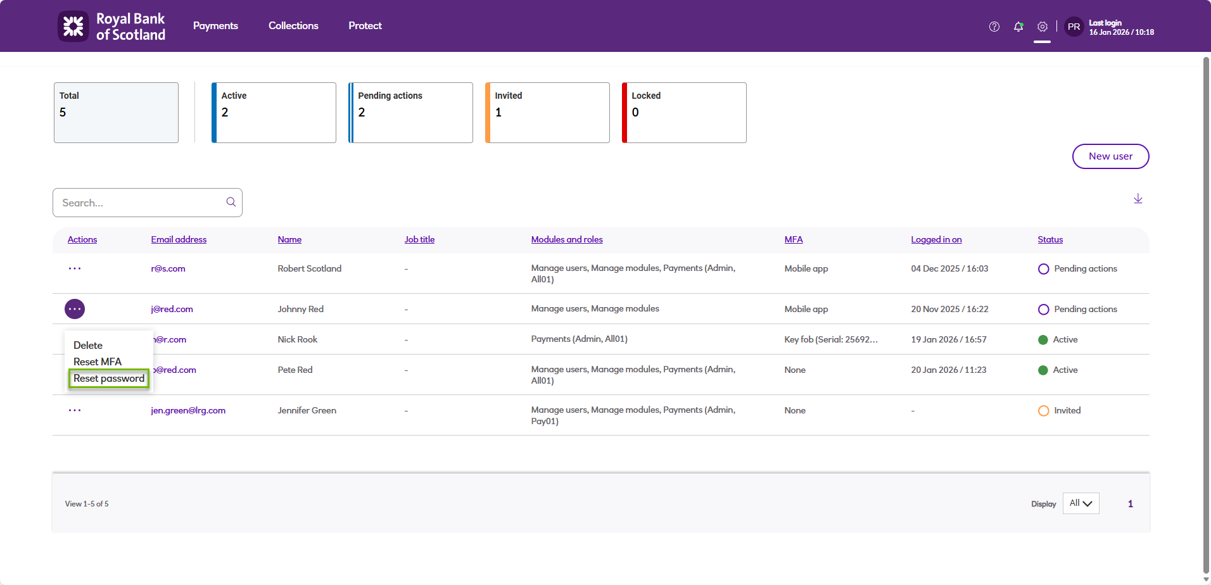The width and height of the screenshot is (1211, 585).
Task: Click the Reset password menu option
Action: [x=109, y=379]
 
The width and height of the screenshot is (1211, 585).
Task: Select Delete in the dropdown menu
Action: [x=88, y=345]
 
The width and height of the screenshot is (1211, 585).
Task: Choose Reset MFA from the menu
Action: [x=98, y=362]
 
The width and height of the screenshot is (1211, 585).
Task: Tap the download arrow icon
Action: [x=1138, y=199]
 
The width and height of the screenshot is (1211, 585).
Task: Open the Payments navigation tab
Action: [x=215, y=26]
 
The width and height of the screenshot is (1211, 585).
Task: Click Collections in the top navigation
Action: [x=293, y=26]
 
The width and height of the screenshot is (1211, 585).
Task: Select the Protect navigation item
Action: [x=365, y=26]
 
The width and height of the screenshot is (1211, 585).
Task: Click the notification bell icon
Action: [x=1018, y=27]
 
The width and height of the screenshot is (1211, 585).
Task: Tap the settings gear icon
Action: [x=1042, y=27]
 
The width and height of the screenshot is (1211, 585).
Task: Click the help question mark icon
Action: [x=994, y=27]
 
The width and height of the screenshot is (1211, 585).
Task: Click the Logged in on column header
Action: [x=936, y=239]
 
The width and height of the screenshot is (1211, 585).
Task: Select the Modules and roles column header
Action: [x=567, y=239]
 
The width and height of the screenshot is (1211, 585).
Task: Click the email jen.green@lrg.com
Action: [x=188, y=410]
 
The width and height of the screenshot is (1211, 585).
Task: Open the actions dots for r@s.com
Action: [x=75, y=268]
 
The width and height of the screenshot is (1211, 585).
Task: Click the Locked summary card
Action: [x=684, y=113]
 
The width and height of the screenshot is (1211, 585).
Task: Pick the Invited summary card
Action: [x=547, y=113]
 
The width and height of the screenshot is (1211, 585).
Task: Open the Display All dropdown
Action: [x=1081, y=503]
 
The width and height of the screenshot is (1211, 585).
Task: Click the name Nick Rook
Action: [x=298, y=339]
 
